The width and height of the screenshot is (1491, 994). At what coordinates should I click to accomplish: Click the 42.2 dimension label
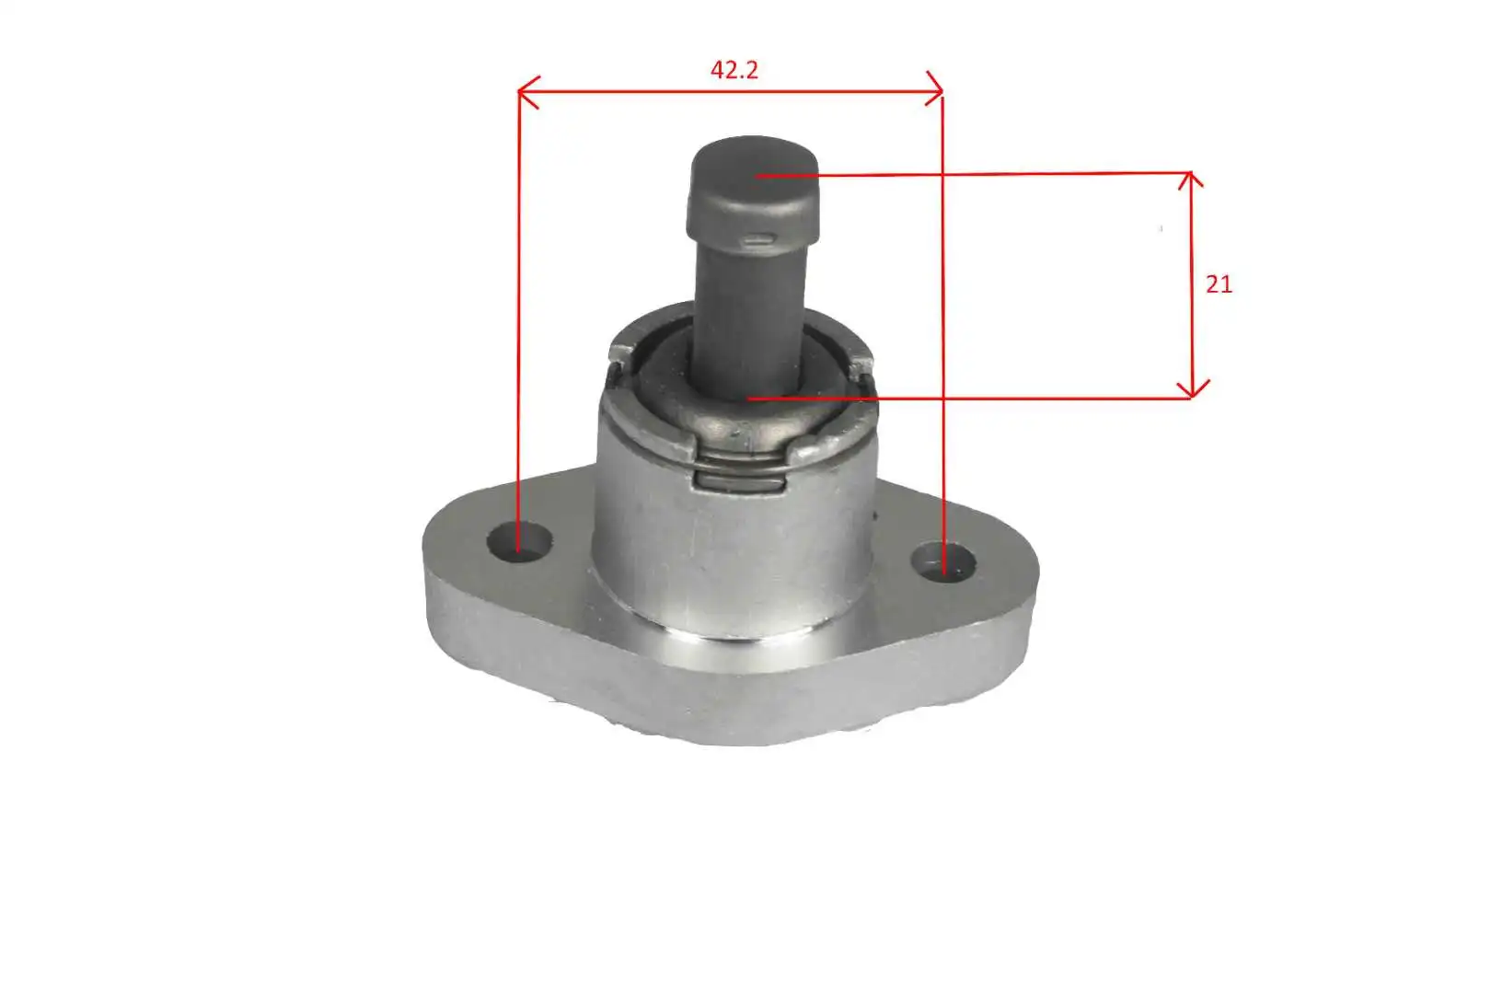734,70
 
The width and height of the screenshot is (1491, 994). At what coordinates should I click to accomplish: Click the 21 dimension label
1219,285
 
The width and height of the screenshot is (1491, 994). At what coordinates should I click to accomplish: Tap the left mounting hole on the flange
519,542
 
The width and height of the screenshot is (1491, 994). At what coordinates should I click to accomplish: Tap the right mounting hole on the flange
943,562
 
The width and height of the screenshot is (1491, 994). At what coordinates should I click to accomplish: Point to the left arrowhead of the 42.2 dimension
527,92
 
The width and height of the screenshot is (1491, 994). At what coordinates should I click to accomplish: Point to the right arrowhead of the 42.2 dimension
934,89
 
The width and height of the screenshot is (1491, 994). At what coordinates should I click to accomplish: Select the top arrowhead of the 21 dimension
1190,179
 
